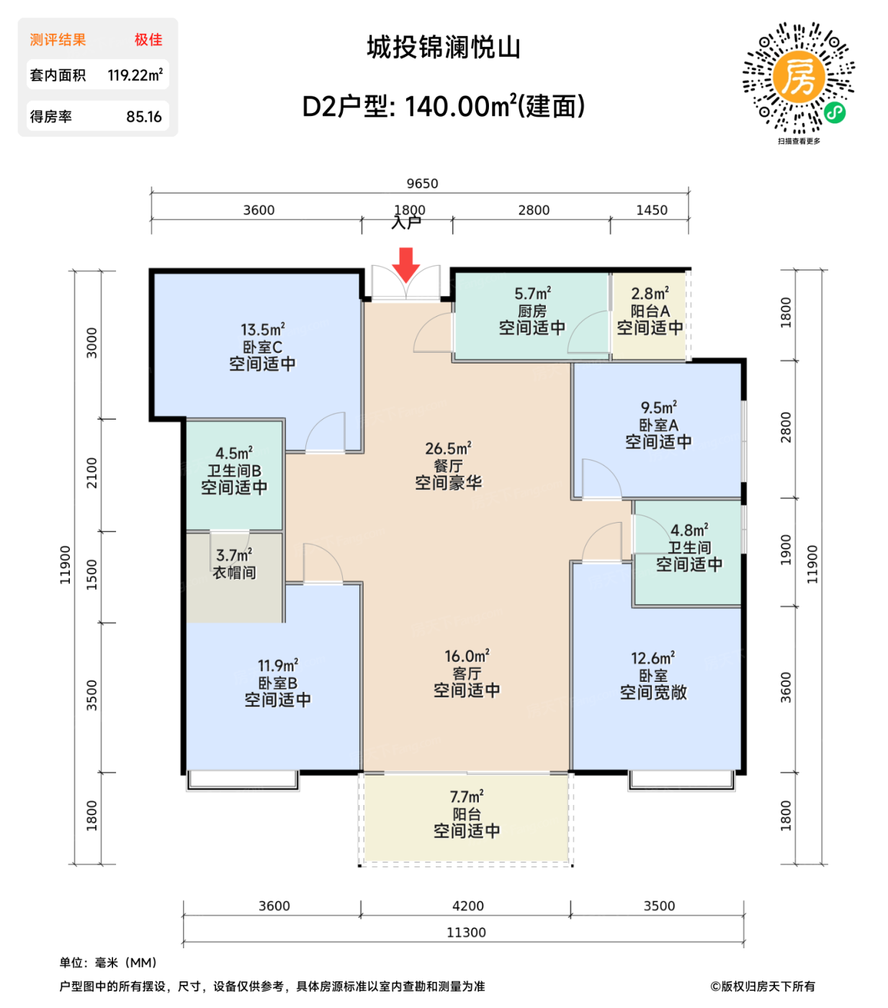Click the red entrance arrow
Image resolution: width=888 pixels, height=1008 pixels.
[406, 264]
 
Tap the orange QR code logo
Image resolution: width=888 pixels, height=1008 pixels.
[798, 76]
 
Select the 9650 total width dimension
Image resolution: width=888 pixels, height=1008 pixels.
[422, 184]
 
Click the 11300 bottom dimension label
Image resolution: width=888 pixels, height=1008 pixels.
[466, 932]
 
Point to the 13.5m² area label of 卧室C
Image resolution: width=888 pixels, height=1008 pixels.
[262, 330]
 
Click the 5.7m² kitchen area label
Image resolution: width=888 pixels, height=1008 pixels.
[532, 294]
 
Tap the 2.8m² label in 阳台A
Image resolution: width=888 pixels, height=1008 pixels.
[650, 294]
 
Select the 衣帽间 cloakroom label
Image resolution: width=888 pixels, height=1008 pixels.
[234, 573]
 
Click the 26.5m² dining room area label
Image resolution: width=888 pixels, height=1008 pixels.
[448, 449]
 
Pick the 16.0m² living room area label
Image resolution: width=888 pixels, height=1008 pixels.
[467, 656]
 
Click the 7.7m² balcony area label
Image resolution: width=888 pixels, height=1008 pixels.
[467, 797]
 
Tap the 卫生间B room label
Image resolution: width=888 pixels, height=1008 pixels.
[234, 471]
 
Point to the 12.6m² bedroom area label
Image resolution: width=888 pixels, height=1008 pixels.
[652, 658]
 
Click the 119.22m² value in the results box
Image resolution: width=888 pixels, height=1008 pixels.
[135, 75]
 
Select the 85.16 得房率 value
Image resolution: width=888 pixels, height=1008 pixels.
[144, 117]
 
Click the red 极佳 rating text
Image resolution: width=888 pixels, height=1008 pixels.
[148, 40]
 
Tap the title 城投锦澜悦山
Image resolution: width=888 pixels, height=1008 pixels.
[444, 48]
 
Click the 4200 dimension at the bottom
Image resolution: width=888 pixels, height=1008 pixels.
[467, 906]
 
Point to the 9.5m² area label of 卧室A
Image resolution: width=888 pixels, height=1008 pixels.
[658, 408]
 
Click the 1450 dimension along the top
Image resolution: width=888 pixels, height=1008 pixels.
[651, 210]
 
